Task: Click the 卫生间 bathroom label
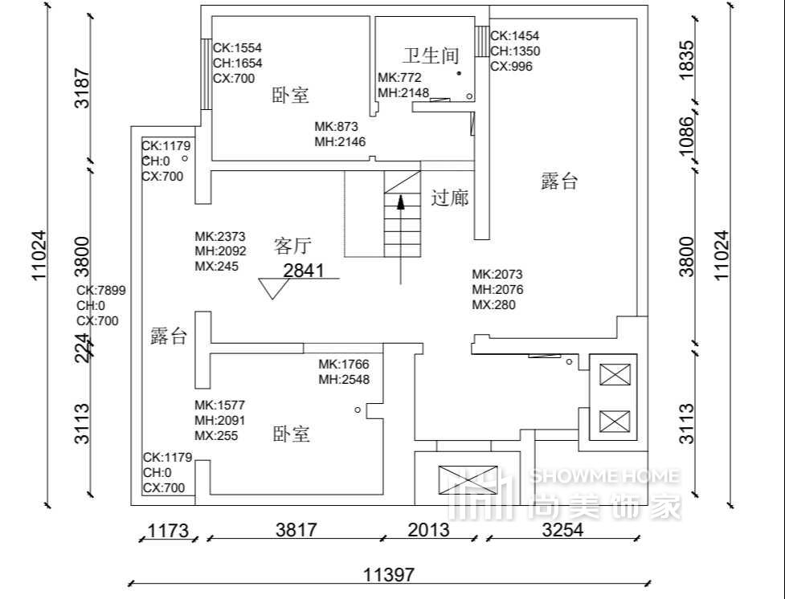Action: pyautogui.click(x=431, y=55)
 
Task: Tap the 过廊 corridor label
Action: pyautogui.click(x=450, y=198)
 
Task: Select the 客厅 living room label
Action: pyautogui.click(x=292, y=246)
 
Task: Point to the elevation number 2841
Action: pyautogui.click(x=304, y=271)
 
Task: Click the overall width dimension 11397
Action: pyautogui.click(x=389, y=575)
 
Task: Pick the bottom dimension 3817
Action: pyautogui.click(x=296, y=530)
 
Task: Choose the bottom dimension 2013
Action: pyautogui.click(x=428, y=530)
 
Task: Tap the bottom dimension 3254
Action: pyautogui.click(x=562, y=530)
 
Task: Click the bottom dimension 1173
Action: pyautogui.click(x=168, y=531)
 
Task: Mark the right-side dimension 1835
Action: pyautogui.click(x=686, y=59)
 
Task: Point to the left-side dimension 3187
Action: pyautogui.click(x=82, y=88)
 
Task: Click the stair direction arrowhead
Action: pyautogui.click(x=400, y=202)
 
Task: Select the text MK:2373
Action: pyautogui.click(x=220, y=236)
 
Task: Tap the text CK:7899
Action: pyautogui.click(x=101, y=290)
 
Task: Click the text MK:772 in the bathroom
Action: pyautogui.click(x=399, y=78)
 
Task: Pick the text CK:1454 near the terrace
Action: pyautogui.click(x=515, y=35)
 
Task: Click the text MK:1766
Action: pyautogui.click(x=344, y=364)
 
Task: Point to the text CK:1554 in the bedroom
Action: pyautogui.click(x=237, y=47)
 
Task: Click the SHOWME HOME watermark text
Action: pyautogui.click(x=604, y=476)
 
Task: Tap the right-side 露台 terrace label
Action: pyautogui.click(x=560, y=181)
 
